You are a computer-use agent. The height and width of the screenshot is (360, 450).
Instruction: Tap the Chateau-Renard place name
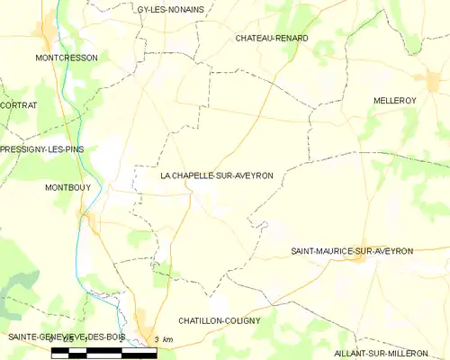click(x=271, y=39)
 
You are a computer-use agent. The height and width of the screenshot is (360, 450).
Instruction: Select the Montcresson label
click(x=66, y=57)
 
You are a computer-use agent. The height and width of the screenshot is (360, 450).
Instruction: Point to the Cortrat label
click(x=19, y=105)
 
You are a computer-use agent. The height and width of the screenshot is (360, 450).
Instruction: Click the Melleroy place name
click(x=392, y=102)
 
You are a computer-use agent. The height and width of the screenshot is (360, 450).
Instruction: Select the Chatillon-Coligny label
click(x=220, y=320)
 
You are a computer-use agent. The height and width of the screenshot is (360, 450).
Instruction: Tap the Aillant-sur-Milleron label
click(x=387, y=354)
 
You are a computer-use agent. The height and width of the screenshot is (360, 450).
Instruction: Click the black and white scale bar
click(x=103, y=350)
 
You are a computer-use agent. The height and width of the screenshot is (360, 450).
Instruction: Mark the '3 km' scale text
click(x=164, y=339)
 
